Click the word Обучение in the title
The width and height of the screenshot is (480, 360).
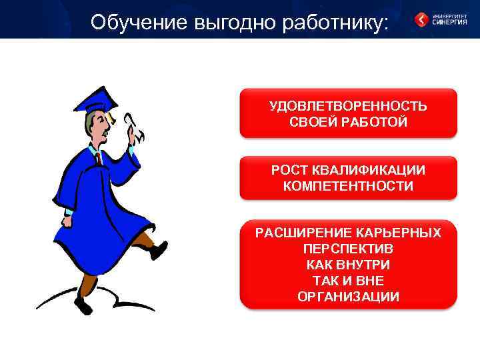click(x=139, y=23)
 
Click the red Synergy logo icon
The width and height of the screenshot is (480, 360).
click(x=421, y=19)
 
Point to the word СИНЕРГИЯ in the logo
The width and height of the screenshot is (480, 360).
click(x=449, y=22)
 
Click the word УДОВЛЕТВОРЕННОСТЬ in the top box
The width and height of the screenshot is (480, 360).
click(x=348, y=107)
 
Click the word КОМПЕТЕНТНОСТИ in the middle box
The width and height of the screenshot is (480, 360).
click(x=348, y=186)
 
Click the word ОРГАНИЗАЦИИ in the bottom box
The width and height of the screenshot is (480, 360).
click(x=348, y=297)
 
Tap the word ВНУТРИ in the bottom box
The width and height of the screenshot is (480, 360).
click(x=365, y=265)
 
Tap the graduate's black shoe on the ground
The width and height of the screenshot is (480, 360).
click(x=83, y=305)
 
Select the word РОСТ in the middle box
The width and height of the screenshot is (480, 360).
click(x=287, y=171)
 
